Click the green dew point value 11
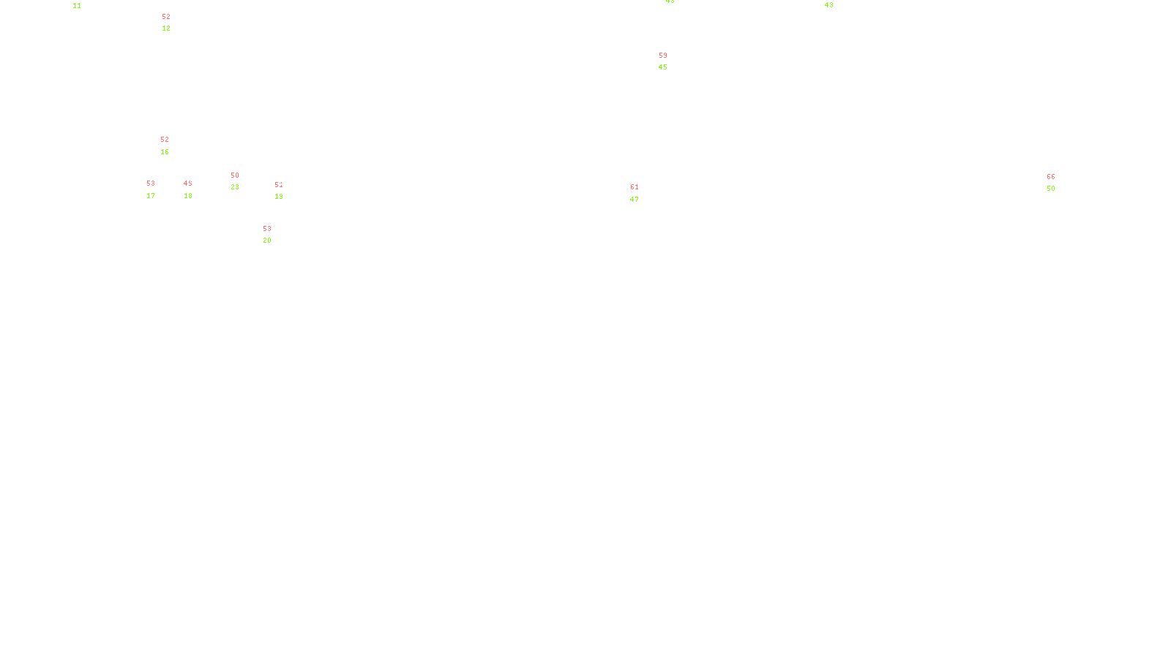click(x=77, y=6)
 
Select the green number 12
click(x=166, y=29)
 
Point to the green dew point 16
click(x=165, y=152)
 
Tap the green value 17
click(x=151, y=196)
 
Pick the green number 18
click(x=188, y=196)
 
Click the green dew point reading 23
click(x=235, y=187)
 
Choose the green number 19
click(x=279, y=197)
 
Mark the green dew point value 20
click(x=267, y=241)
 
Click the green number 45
click(x=663, y=67)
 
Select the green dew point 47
click(x=635, y=200)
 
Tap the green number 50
click(x=1051, y=189)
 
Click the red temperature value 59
click(x=663, y=56)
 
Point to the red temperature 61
click(x=635, y=187)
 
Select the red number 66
click(x=1051, y=177)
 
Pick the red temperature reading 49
click(x=187, y=184)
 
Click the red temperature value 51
click(x=278, y=185)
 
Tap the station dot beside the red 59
click(x=670, y=61)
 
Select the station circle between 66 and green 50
click(x=1058, y=183)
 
